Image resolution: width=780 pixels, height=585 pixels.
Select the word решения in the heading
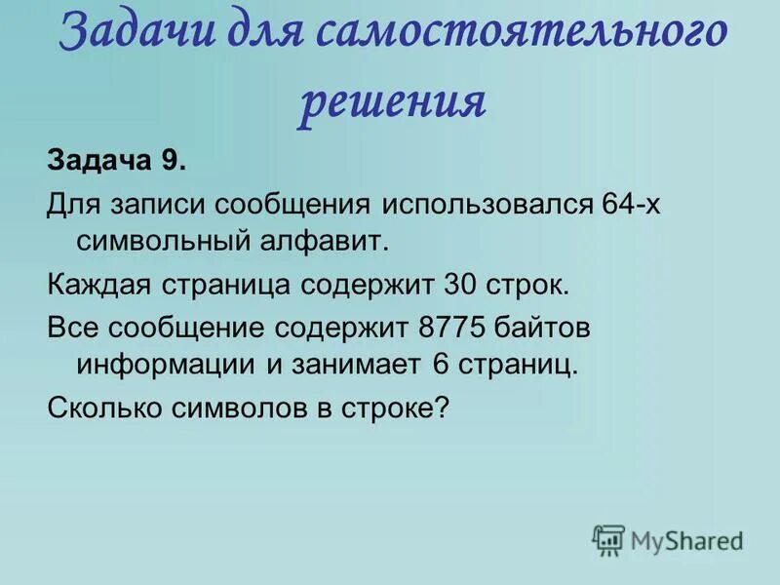(392, 100)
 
